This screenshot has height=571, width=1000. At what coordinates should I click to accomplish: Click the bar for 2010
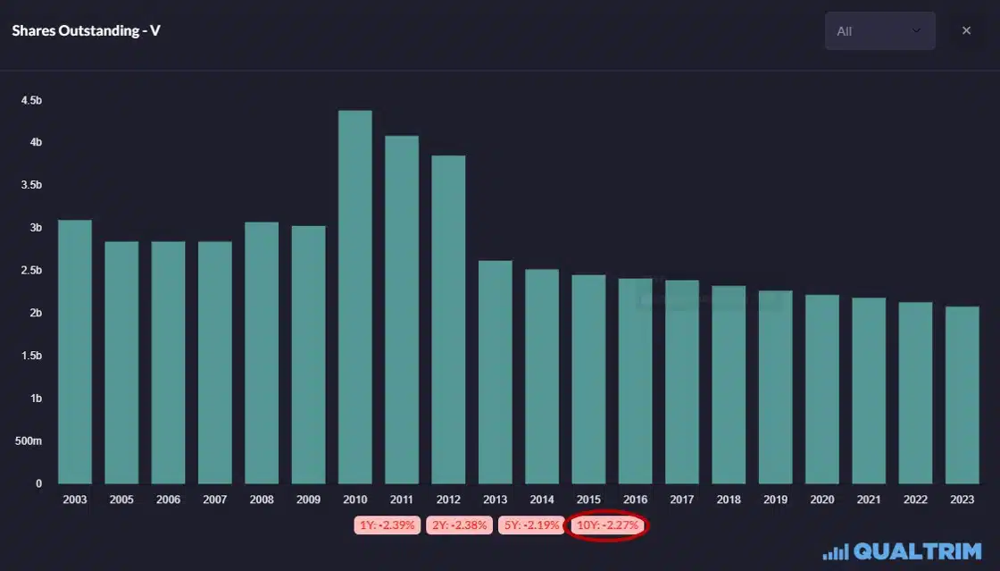click(x=355, y=298)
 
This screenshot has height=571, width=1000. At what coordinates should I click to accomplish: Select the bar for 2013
click(x=496, y=373)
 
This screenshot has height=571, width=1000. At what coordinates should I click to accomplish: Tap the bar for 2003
click(x=75, y=352)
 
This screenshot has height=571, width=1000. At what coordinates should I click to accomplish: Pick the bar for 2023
click(x=962, y=395)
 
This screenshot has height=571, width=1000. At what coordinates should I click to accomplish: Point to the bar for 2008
click(x=262, y=353)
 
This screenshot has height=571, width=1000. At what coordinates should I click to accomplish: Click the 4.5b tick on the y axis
click(x=31, y=100)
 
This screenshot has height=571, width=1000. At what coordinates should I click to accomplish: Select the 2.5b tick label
click(x=31, y=271)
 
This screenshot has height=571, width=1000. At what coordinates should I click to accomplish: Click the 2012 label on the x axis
click(x=448, y=500)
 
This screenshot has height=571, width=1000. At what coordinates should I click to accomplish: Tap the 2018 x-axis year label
click(x=729, y=500)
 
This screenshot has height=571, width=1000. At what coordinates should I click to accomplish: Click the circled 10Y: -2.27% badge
click(x=608, y=525)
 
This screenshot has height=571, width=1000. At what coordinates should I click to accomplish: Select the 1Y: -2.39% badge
click(x=386, y=525)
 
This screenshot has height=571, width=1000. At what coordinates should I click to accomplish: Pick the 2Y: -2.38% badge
click(x=460, y=525)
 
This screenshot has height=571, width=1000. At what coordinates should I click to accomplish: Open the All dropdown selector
click(x=879, y=31)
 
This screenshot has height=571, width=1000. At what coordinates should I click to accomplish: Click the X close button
click(x=966, y=31)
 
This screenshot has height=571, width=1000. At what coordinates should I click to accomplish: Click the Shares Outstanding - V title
click(x=86, y=31)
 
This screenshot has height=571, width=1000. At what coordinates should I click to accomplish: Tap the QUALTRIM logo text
click(x=918, y=551)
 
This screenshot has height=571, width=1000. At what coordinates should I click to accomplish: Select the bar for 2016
click(x=636, y=382)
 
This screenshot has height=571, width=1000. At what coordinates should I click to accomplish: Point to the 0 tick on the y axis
click(x=38, y=483)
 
